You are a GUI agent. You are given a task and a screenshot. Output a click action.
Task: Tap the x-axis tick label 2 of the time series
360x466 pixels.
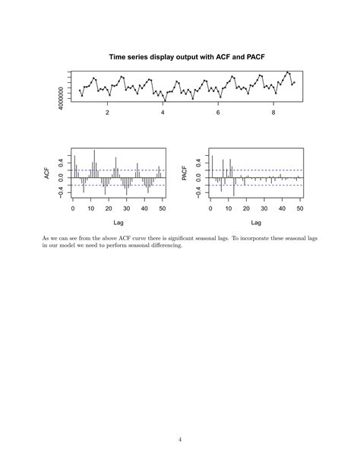(x=107, y=113)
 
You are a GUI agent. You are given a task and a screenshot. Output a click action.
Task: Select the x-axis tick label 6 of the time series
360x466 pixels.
(x=218, y=113)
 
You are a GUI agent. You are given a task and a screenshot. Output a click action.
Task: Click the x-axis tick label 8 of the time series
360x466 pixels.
(x=273, y=113)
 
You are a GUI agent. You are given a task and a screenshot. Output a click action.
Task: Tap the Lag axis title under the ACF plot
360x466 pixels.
(x=118, y=223)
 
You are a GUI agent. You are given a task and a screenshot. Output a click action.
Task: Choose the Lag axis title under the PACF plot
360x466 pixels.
(x=257, y=223)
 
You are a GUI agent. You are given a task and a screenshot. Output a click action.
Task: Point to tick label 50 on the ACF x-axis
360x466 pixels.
(x=163, y=208)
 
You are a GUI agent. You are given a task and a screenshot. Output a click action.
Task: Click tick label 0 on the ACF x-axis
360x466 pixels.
(x=73, y=208)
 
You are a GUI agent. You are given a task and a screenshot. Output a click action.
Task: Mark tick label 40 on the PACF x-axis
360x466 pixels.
(x=283, y=208)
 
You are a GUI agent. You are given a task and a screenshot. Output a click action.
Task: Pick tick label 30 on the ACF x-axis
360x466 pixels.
(x=127, y=208)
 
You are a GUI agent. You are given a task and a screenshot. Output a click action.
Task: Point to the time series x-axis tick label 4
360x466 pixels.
(x=163, y=113)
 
